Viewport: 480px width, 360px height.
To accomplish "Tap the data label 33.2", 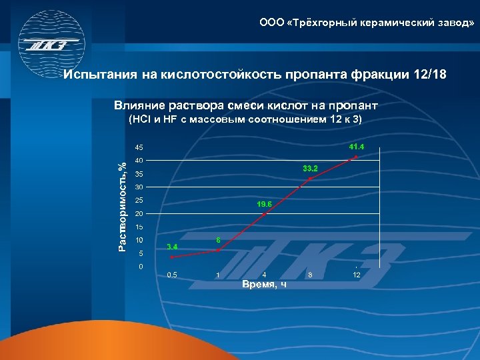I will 311,168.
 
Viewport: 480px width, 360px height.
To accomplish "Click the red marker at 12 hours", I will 356,157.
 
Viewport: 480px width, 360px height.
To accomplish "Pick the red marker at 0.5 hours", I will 172,257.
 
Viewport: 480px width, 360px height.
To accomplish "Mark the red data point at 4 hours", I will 265,214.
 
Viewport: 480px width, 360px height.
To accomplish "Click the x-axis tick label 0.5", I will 172,275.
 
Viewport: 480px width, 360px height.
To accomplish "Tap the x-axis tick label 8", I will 310,275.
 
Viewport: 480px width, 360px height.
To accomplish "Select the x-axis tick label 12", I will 357,275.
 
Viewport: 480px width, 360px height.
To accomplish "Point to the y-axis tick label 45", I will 139,147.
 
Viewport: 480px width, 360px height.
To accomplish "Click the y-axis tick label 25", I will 139,201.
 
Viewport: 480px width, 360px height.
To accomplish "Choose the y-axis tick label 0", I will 140,267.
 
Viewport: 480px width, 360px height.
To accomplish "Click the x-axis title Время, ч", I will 265,285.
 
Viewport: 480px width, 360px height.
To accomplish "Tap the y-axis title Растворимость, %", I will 121,207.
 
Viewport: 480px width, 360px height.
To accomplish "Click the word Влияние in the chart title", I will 136,105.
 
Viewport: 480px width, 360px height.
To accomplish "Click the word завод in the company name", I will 453,23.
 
